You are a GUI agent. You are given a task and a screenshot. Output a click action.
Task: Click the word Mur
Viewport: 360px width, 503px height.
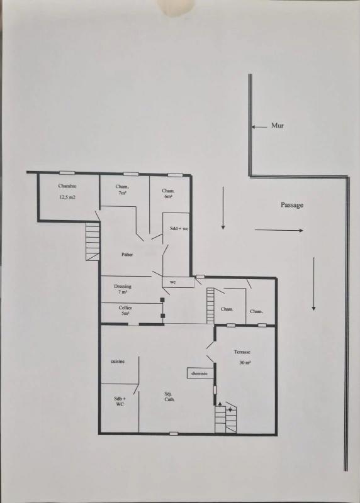278,125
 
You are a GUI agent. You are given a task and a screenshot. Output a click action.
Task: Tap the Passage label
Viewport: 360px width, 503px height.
292,205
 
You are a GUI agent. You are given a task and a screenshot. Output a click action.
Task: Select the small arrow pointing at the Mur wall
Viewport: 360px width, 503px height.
259,127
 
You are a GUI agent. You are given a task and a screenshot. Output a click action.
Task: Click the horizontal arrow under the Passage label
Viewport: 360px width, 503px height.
279,230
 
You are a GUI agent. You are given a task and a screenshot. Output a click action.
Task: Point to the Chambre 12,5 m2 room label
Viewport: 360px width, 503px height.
67,192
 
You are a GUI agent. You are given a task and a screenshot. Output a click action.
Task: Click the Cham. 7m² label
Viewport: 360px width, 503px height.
122,190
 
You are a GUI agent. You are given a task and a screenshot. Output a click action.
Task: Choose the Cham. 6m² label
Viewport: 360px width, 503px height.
168,194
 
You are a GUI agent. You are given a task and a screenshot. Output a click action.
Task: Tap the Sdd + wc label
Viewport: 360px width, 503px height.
179,229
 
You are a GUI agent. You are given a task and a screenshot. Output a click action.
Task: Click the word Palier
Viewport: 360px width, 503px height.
127,255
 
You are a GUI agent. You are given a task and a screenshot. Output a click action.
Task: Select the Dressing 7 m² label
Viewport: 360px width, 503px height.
123,289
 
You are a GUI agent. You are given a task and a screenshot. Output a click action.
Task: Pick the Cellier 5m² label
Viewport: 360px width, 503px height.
125,311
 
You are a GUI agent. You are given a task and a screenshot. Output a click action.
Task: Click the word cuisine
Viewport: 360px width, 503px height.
118,361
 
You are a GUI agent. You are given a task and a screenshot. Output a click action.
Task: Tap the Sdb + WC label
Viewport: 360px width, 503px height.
119,401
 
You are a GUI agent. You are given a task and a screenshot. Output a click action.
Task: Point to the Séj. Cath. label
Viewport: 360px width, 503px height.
169,397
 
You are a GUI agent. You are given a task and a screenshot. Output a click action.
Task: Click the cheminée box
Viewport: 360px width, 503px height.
200,373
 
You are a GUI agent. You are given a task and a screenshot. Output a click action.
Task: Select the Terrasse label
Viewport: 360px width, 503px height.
242,352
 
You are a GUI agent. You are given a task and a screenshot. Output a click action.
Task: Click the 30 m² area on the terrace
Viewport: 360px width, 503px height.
245,363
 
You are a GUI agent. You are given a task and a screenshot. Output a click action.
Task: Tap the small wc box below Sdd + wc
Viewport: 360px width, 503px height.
178,282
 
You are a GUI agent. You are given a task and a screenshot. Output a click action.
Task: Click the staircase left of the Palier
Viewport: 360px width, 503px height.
93,241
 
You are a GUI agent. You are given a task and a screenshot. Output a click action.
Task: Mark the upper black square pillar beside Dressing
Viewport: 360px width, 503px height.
162,300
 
